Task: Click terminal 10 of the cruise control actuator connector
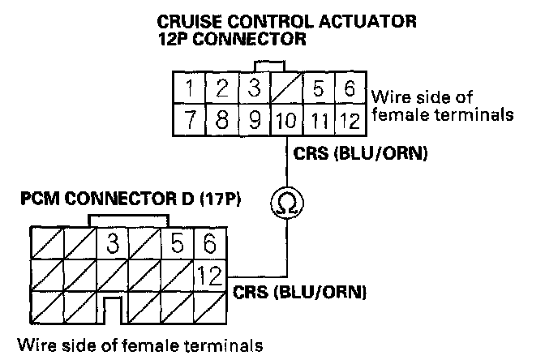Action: click(285, 122)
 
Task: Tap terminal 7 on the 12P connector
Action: click(188, 122)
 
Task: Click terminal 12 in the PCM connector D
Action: click(209, 276)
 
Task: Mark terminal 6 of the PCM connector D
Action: click(209, 242)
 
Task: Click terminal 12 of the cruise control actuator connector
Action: click(350, 122)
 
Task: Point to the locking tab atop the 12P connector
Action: click(268, 65)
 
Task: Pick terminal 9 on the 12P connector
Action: click(253, 122)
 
